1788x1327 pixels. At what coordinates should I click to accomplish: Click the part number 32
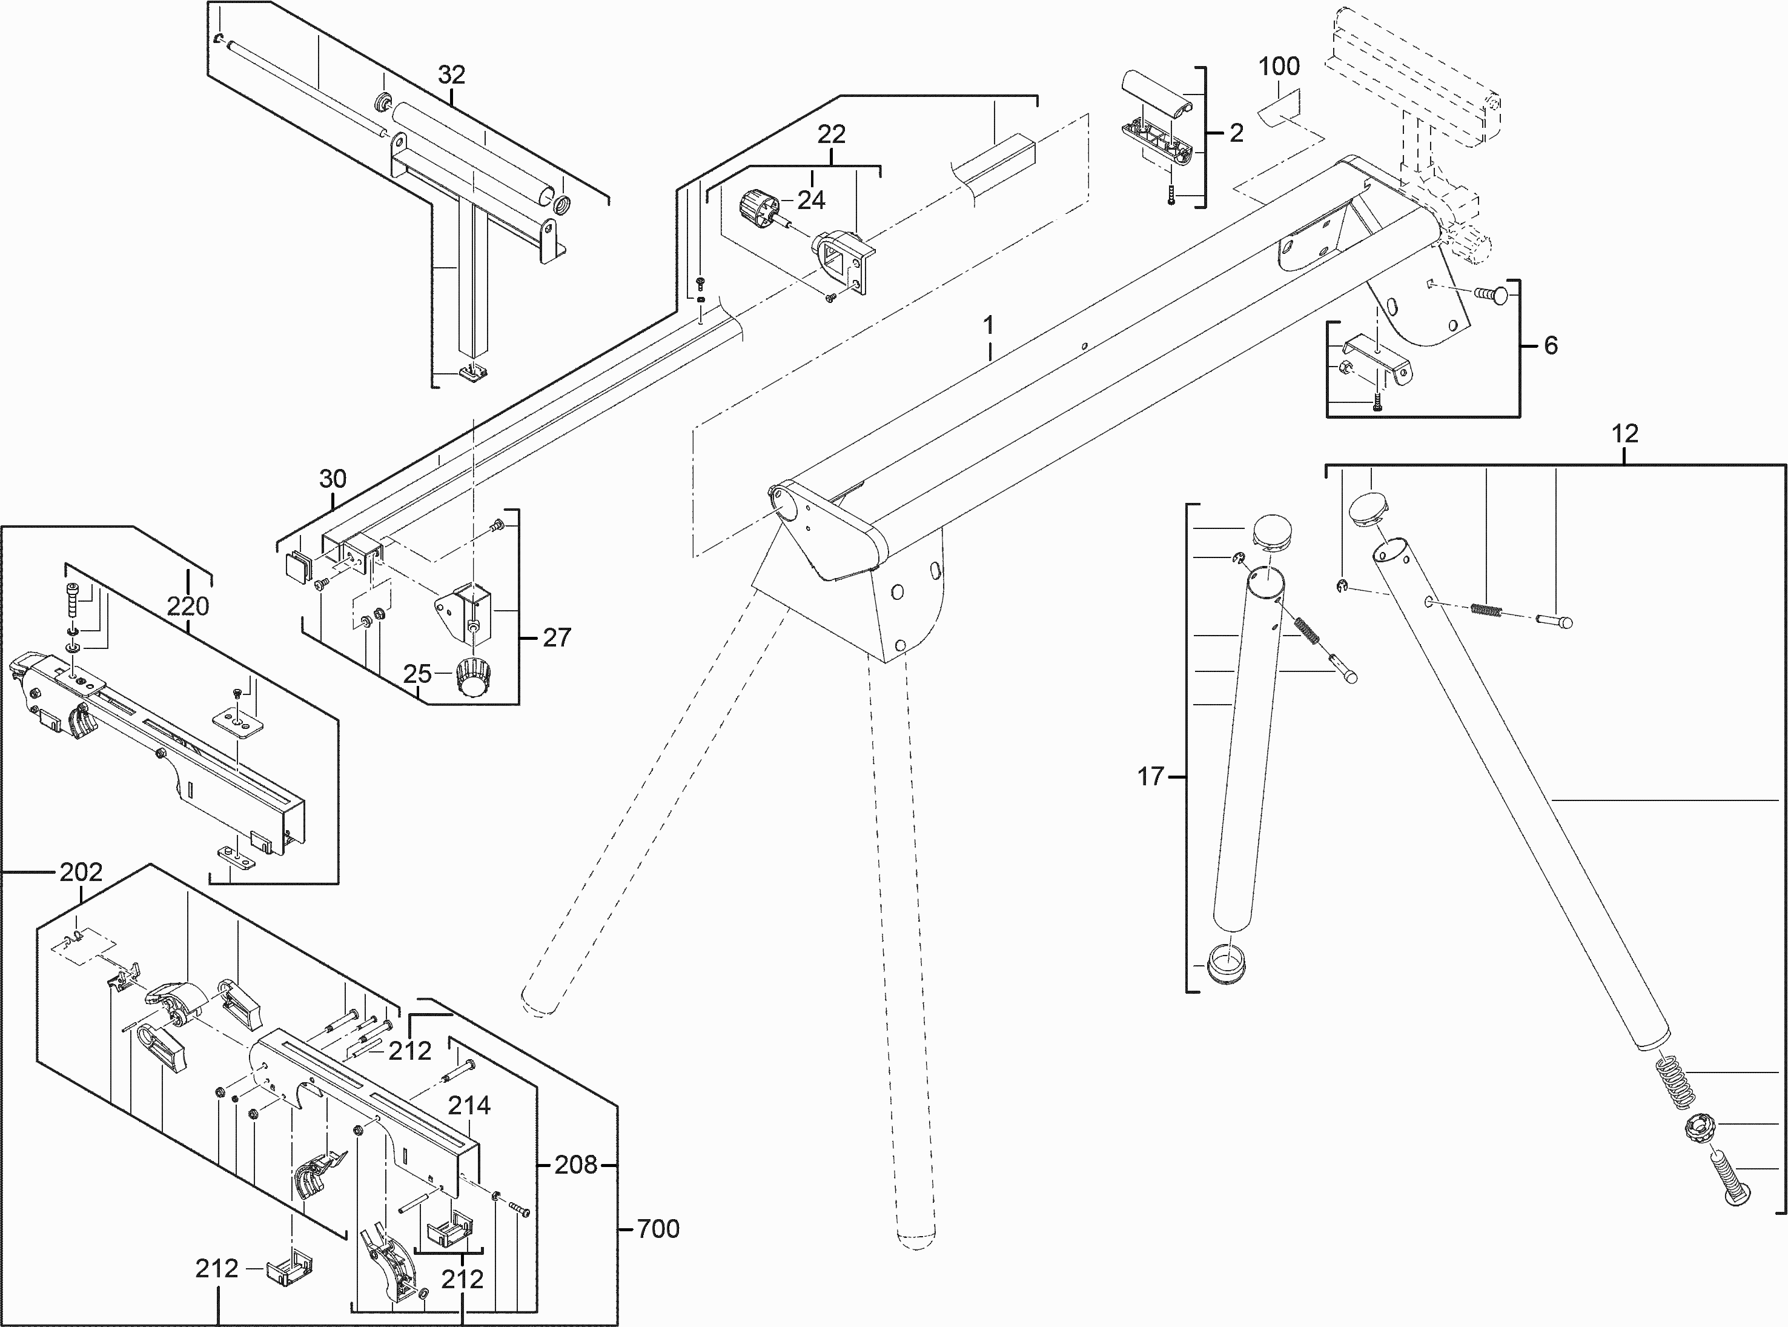pos(451,75)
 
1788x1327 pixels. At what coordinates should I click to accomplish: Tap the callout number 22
pos(831,134)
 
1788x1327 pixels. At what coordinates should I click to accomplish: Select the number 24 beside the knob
pos(811,200)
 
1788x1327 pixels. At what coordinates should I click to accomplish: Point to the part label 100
pos(1278,66)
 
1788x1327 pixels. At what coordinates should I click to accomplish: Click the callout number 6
pos(1551,345)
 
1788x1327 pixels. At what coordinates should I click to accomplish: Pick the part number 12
pos(1624,434)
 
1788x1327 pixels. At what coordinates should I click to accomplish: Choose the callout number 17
pos(1151,777)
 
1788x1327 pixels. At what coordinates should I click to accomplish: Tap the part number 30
pos(333,479)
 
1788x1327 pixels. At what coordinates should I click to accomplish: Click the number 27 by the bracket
pos(557,638)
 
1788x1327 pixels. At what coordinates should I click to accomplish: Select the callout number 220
pos(188,606)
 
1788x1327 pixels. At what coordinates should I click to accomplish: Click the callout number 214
pos(469,1106)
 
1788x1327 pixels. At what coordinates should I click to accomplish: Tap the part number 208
pos(575,1165)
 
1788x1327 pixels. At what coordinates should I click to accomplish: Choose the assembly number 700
pos(658,1229)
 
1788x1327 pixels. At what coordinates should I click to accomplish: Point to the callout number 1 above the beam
pos(988,325)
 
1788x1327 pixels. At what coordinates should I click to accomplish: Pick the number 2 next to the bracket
pos(1236,133)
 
